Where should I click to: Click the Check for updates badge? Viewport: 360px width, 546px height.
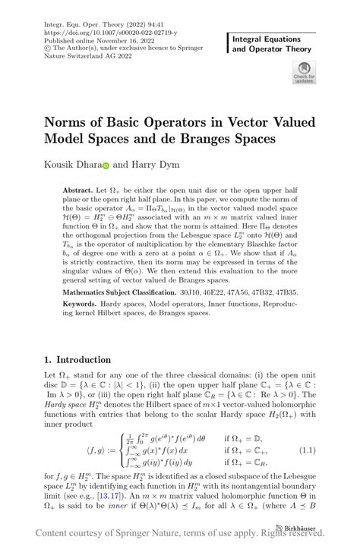coord(303,74)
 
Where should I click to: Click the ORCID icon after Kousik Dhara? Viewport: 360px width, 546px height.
coord(106,165)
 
